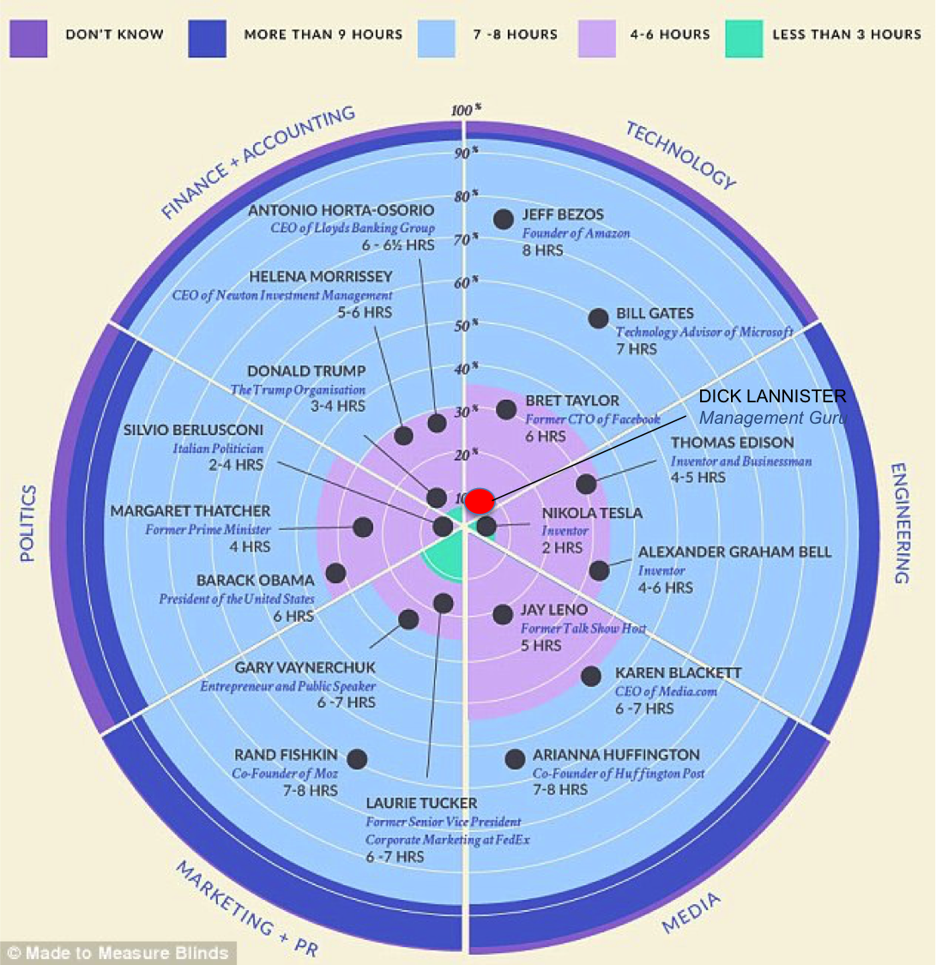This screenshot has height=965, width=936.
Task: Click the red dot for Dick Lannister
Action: point(480,502)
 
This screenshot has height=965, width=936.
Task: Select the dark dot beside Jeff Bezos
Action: point(504,219)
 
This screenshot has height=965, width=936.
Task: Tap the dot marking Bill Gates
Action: point(598,318)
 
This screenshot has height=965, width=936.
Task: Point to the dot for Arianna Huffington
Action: point(515,759)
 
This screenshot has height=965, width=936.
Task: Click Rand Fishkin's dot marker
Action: point(357,759)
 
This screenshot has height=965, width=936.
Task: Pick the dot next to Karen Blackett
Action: point(591,676)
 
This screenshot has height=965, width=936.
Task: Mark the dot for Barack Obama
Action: point(335,573)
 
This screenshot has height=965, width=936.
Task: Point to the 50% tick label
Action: point(463,325)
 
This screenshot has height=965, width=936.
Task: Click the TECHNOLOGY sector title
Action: point(680,155)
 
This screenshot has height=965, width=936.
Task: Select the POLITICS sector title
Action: point(28,523)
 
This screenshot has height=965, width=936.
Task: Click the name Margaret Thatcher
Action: point(190,511)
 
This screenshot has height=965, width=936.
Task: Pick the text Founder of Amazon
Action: point(576,233)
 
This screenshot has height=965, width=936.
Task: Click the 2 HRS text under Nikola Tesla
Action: point(563,547)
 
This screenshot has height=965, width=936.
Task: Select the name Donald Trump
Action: point(305,371)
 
